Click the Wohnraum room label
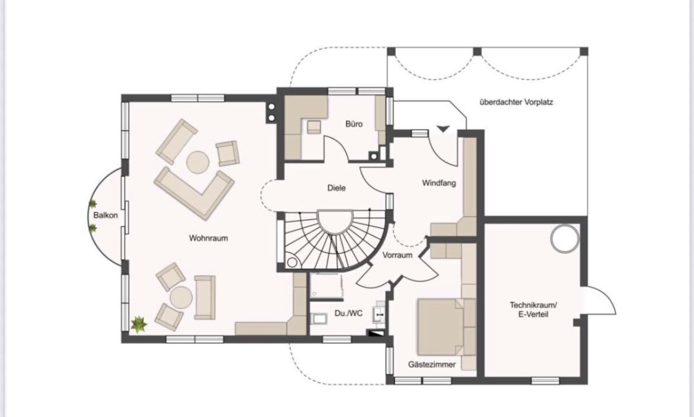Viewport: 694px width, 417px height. click(x=208, y=238)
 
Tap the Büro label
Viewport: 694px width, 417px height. click(x=354, y=124)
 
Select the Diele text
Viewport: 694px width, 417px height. click(x=336, y=188)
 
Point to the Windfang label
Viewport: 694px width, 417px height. click(x=439, y=183)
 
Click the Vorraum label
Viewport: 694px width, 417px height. click(x=397, y=255)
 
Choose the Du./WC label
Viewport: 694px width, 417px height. click(x=349, y=313)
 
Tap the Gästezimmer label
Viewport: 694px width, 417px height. click(x=431, y=364)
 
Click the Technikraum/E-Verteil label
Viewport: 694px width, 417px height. click(x=533, y=310)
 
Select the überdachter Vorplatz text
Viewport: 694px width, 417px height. click(x=516, y=102)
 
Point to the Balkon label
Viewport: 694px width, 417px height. click(x=106, y=215)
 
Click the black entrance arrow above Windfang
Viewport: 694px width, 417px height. click(x=443, y=129)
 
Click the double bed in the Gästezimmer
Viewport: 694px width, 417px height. click(x=440, y=326)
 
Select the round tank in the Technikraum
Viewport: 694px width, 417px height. click(x=564, y=238)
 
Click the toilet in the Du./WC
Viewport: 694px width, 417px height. click(x=319, y=319)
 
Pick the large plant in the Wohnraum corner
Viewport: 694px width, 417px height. click(x=139, y=324)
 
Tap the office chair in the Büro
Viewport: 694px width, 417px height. click(x=314, y=127)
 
